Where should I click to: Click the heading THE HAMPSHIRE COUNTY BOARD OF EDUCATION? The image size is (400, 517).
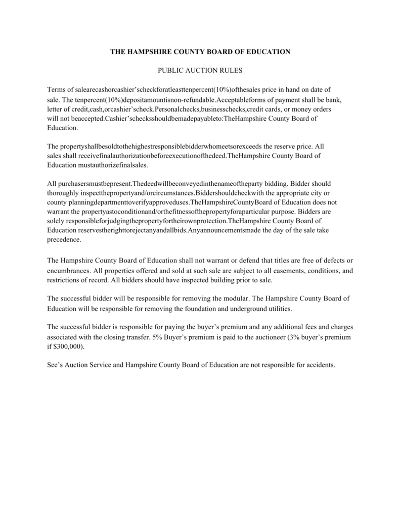coord(201,51)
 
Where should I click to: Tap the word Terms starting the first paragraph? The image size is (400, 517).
coord(56,89)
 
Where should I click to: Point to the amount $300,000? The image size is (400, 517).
coord(68,347)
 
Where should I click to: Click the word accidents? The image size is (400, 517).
coord(318,365)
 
